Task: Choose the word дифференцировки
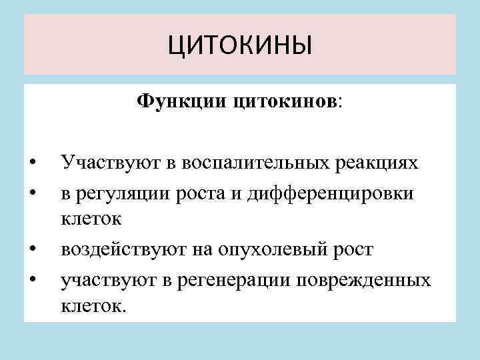click(329, 193)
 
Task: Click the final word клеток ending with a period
click(93, 307)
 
